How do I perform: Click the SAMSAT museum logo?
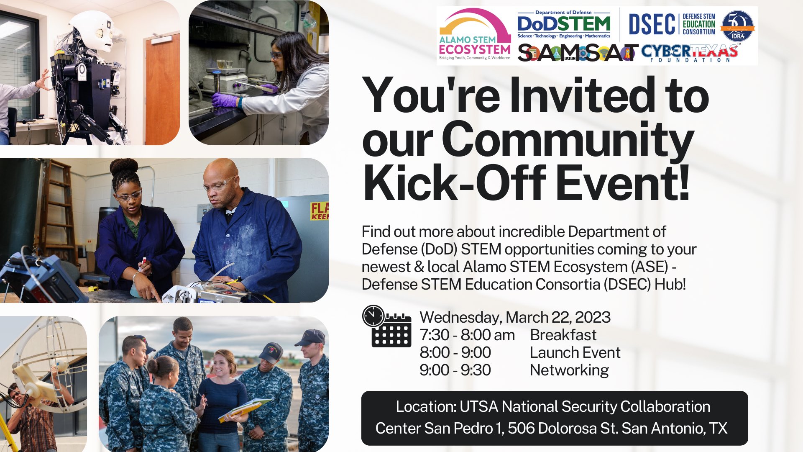pyautogui.click(x=577, y=53)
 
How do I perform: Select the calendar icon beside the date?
pyautogui.click(x=391, y=331)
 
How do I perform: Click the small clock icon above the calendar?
pyautogui.click(x=373, y=316)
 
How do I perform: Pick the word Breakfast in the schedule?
pyautogui.click(x=563, y=335)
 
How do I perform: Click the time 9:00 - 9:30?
pyautogui.click(x=455, y=370)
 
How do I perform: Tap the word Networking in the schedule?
pyautogui.click(x=569, y=370)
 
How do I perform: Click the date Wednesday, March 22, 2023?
pyautogui.click(x=515, y=317)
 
